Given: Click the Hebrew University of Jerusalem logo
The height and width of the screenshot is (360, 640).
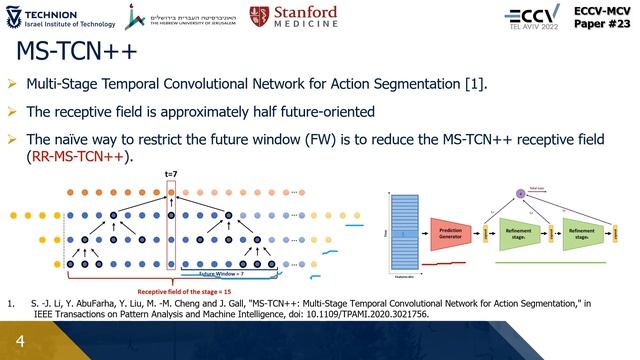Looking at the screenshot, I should coord(181,17).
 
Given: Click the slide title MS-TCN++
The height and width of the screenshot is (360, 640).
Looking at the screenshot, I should coord(76,52).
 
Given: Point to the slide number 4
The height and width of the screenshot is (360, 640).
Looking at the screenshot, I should coord(19,341).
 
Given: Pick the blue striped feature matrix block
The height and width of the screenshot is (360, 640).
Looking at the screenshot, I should coord(403,233).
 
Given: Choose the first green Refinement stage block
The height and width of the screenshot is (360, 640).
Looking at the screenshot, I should coord(519,233).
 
